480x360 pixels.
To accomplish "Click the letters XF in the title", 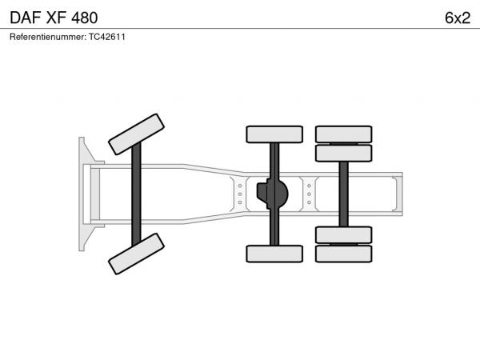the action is pyautogui.click(x=56, y=18).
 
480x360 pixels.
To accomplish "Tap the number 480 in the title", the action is pyautogui.click(x=85, y=18).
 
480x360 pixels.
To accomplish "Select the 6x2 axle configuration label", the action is pyautogui.click(x=458, y=18).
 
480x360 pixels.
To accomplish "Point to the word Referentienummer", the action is pyautogui.click(x=48, y=37).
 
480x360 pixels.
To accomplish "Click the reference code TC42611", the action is pyautogui.click(x=107, y=37).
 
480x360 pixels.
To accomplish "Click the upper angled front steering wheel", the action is pyautogui.click(x=136, y=134).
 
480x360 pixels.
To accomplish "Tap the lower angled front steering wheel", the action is pyautogui.click(x=136, y=254).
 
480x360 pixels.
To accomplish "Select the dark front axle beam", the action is pyautogui.click(x=136, y=194).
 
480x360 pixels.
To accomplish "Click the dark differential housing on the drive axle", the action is pyautogui.click(x=273, y=194).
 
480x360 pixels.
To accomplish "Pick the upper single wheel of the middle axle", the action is pyautogui.click(x=274, y=134).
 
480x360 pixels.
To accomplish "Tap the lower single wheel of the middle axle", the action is pyautogui.click(x=274, y=254).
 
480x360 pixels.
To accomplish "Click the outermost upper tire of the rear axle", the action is pyautogui.click(x=343, y=134).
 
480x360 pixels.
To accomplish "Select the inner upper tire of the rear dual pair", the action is pyautogui.click(x=343, y=153).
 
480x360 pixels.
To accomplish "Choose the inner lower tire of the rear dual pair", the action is pyautogui.click(x=343, y=234).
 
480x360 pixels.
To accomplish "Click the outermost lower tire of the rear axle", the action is pyautogui.click(x=343, y=254).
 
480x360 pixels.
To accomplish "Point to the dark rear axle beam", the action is pyautogui.click(x=343, y=194).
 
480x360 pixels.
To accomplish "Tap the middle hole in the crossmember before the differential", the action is pyautogui.click(x=240, y=194).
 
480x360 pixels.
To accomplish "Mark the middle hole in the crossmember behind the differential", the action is pyautogui.click(x=309, y=194).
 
